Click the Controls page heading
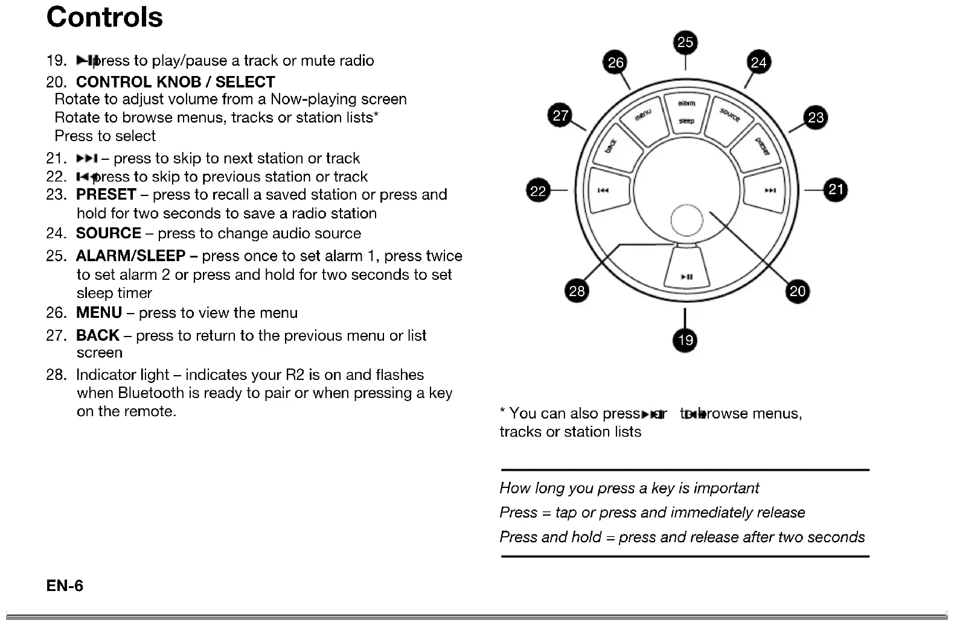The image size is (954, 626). pyautogui.click(x=104, y=17)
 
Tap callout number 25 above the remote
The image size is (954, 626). pyautogui.click(x=685, y=42)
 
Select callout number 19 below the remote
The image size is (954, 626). pyautogui.click(x=685, y=340)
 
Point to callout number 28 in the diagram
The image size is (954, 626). pyautogui.click(x=577, y=291)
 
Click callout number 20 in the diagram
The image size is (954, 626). pyautogui.click(x=798, y=291)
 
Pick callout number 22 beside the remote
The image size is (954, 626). pyautogui.click(x=537, y=191)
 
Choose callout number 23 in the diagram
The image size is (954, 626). pyautogui.click(x=816, y=118)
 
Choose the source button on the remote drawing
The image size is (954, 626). pyautogui.click(x=729, y=116)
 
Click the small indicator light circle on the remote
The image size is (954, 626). pyautogui.click(x=687, y=220)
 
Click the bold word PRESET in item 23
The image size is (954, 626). pyautogui.click(x=106, y=195)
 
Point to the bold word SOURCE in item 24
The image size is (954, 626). pyautogui.click(x=108, y=233)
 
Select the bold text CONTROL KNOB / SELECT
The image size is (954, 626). pyautogui.click(x=175, y=82)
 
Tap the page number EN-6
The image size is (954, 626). pyautogui.click(x=65, y=586)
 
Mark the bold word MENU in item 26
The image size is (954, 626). pyautogui.click(x=99, y=313)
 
